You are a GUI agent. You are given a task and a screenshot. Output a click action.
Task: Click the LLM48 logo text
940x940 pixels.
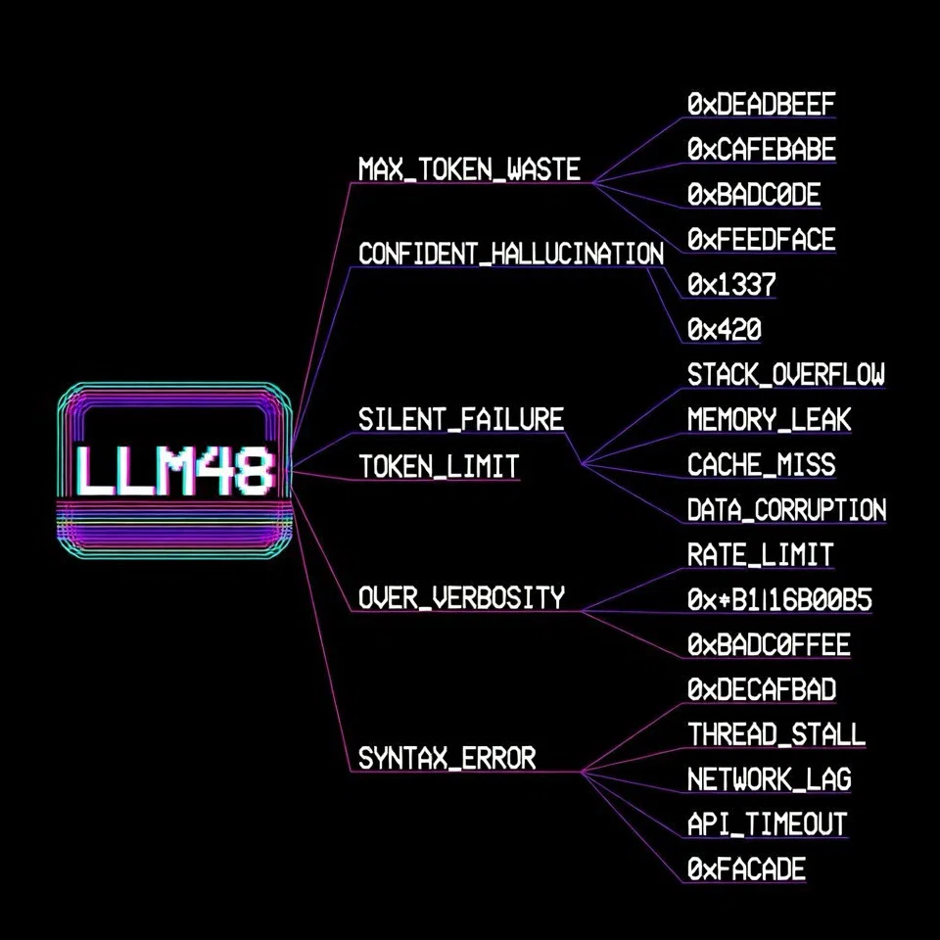click(x=175, y=471)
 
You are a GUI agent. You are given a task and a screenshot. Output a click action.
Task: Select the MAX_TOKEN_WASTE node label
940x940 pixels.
click(x=469, y=169)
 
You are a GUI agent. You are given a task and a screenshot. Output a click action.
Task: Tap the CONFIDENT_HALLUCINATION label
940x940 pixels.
click(x=511, y=254)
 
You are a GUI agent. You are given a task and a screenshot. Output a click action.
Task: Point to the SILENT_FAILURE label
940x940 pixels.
click(x=461, y=419)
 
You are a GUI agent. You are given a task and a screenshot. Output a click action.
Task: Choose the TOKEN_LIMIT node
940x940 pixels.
click(x=439, y=466)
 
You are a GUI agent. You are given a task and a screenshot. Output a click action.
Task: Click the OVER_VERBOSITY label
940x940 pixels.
click(x=461, y=597)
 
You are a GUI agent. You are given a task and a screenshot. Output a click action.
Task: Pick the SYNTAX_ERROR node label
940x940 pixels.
click(x=446, y=758)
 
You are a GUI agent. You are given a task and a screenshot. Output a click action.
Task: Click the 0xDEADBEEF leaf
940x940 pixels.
click(x=762, y=105)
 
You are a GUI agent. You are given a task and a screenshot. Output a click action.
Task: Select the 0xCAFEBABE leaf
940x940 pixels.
click(x=762, y=149)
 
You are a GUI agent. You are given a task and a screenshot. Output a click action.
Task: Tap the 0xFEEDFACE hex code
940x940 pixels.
click(x=762, y=239)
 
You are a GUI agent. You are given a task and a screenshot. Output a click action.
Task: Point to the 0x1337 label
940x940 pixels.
click(x=731, y=284)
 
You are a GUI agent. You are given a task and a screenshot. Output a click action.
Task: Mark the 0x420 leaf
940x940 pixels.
click(x=725, y=329)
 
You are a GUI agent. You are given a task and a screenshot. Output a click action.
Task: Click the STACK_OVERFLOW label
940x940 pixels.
click(x=786, y=375)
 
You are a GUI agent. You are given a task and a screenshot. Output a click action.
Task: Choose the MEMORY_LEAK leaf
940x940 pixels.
click(x=770, y=419)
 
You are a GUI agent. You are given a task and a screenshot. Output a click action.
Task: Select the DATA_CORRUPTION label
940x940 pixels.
click(x=786, y=509)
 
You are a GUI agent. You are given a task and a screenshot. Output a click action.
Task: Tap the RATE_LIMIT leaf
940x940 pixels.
click(x=760, y=554)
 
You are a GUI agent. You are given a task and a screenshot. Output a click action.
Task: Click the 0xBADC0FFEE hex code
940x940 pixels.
click(x=769, y=644)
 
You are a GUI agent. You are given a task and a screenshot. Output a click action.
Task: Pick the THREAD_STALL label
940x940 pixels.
click(x=776, y=734)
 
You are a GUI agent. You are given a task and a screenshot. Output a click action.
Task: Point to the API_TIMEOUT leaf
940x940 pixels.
click(x=768, y=824)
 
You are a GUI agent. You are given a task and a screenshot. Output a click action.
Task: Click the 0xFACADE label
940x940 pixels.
click(x=746, y=869)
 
